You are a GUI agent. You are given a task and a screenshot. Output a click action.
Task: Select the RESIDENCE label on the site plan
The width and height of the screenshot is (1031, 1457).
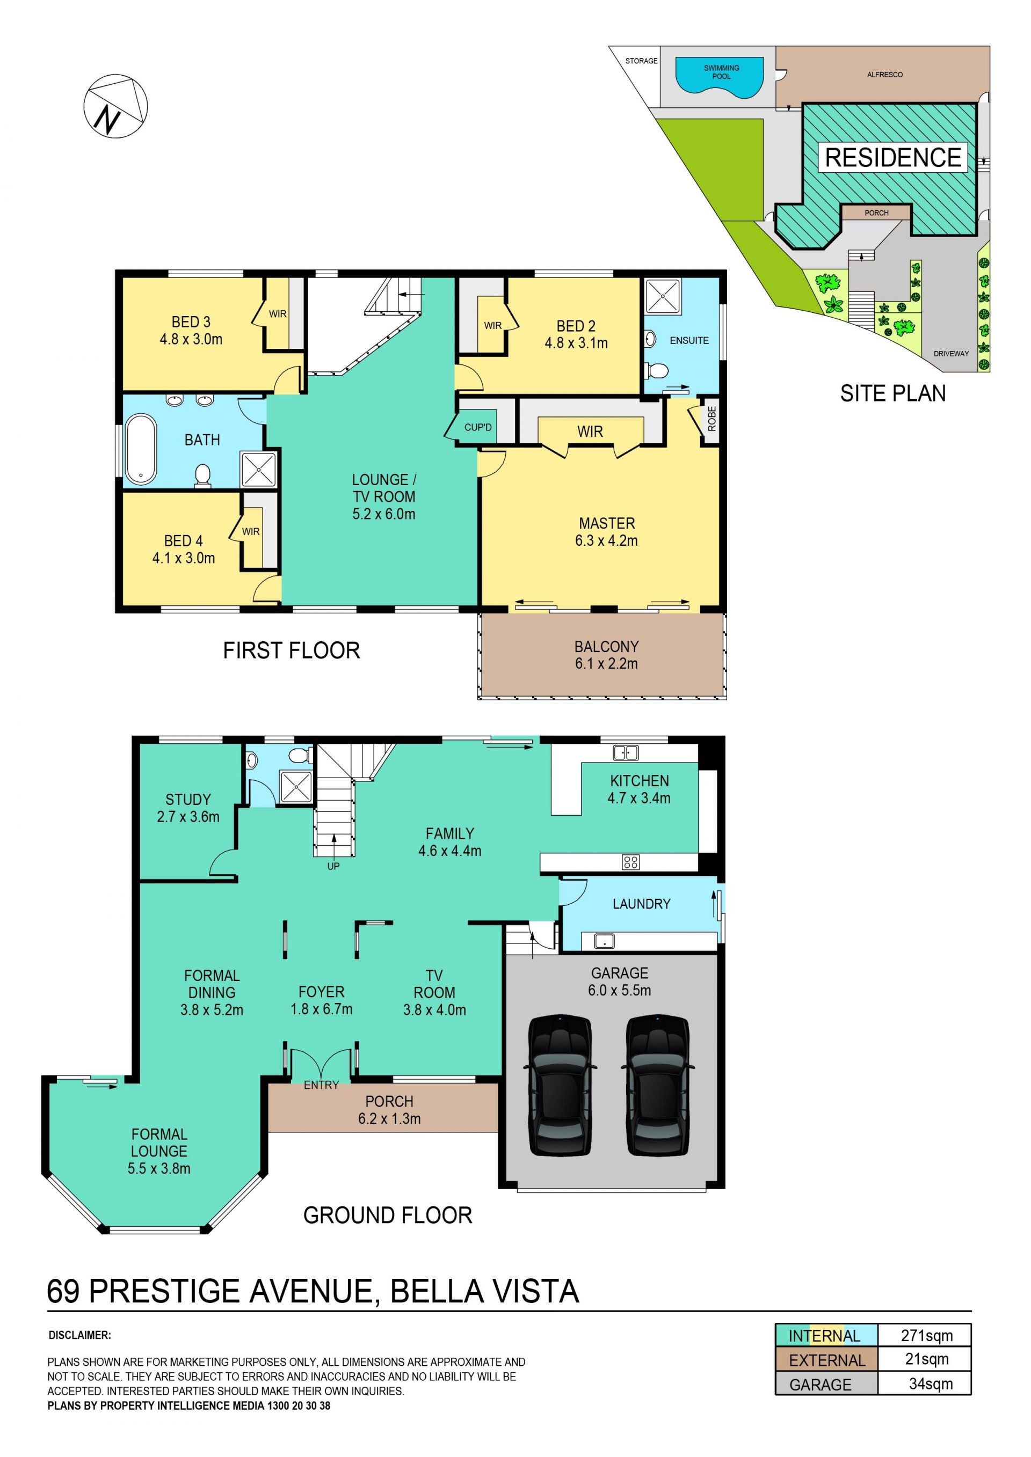892,157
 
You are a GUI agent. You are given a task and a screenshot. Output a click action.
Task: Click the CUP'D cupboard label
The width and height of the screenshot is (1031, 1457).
478,427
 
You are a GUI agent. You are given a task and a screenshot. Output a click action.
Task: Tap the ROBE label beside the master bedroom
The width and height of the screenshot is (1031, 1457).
711,419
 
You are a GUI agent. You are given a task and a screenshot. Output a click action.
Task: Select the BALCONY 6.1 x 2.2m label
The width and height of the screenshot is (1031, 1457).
606,655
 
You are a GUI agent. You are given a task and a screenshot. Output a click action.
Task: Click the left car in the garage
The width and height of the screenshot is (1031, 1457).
560,1085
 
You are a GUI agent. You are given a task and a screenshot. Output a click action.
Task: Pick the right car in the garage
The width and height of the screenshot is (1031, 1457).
658,1085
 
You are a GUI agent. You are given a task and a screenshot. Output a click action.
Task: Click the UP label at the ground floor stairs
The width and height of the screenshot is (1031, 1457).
333,866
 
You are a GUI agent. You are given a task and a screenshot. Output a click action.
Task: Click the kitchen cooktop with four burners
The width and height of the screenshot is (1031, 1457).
630,862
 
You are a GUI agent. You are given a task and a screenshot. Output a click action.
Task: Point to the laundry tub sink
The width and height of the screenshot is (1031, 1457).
604,940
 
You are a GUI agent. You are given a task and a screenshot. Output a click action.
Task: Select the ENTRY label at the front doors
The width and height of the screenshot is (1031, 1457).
321,1085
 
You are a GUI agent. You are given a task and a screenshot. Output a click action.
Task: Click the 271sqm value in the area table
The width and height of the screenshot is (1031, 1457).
927,1335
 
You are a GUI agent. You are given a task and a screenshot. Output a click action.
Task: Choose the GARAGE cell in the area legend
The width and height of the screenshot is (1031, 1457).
826,1384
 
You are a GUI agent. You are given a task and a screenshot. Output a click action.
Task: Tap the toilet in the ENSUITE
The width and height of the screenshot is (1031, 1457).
656,370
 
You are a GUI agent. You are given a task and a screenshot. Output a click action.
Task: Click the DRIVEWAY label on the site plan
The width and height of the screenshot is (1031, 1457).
951,354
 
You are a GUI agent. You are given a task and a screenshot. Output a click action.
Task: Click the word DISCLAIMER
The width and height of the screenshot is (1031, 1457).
79,1335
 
